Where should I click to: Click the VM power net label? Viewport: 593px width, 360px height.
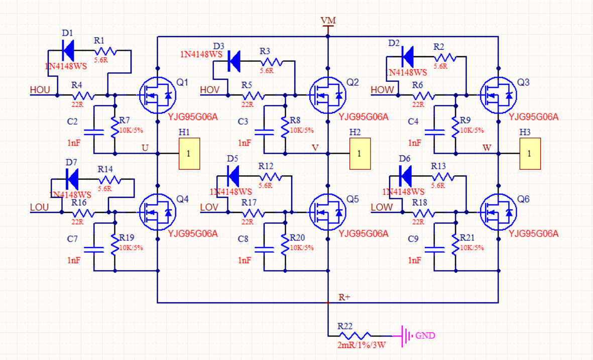click(x=328, y=21)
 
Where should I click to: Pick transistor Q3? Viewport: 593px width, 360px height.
click(x=499, y=95)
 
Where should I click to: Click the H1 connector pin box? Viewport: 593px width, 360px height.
click(x=189, y=153)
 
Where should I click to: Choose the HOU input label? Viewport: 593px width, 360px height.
click(x=40, y=90)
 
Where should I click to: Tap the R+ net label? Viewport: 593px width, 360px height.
click(x=344, y=297)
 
